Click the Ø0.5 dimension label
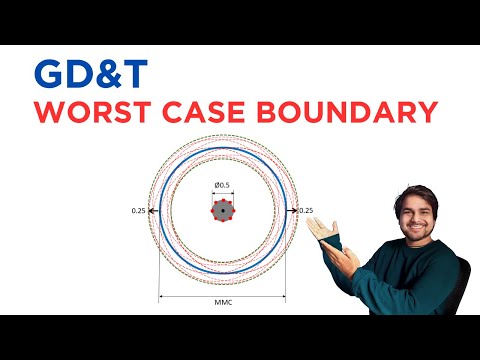pyautogui.click(x=221, y=184)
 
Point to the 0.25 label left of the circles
pyautogui.click(x=139, y=211)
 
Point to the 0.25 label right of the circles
pyautogui.click(x=306, y=211)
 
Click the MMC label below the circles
pyautogui.click(x=223, y=302)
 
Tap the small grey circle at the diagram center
pyautogui.click(x=221, y=210)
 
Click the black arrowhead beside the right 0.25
pyautogui.click(x=292, y=211)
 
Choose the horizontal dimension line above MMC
pyautogui.click(x=223, y=296)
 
